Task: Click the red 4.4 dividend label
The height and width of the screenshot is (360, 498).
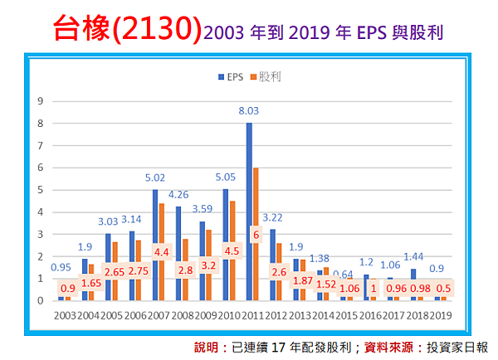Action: [x=160, y=251]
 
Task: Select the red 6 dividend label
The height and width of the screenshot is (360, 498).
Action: [x=255, y=235]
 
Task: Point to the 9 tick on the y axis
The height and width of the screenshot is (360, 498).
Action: [x=39, y=101]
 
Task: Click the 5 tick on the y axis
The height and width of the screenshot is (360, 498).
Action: [x=39, y=190]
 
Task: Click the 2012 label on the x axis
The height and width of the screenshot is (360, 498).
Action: [x=276, y=315]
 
